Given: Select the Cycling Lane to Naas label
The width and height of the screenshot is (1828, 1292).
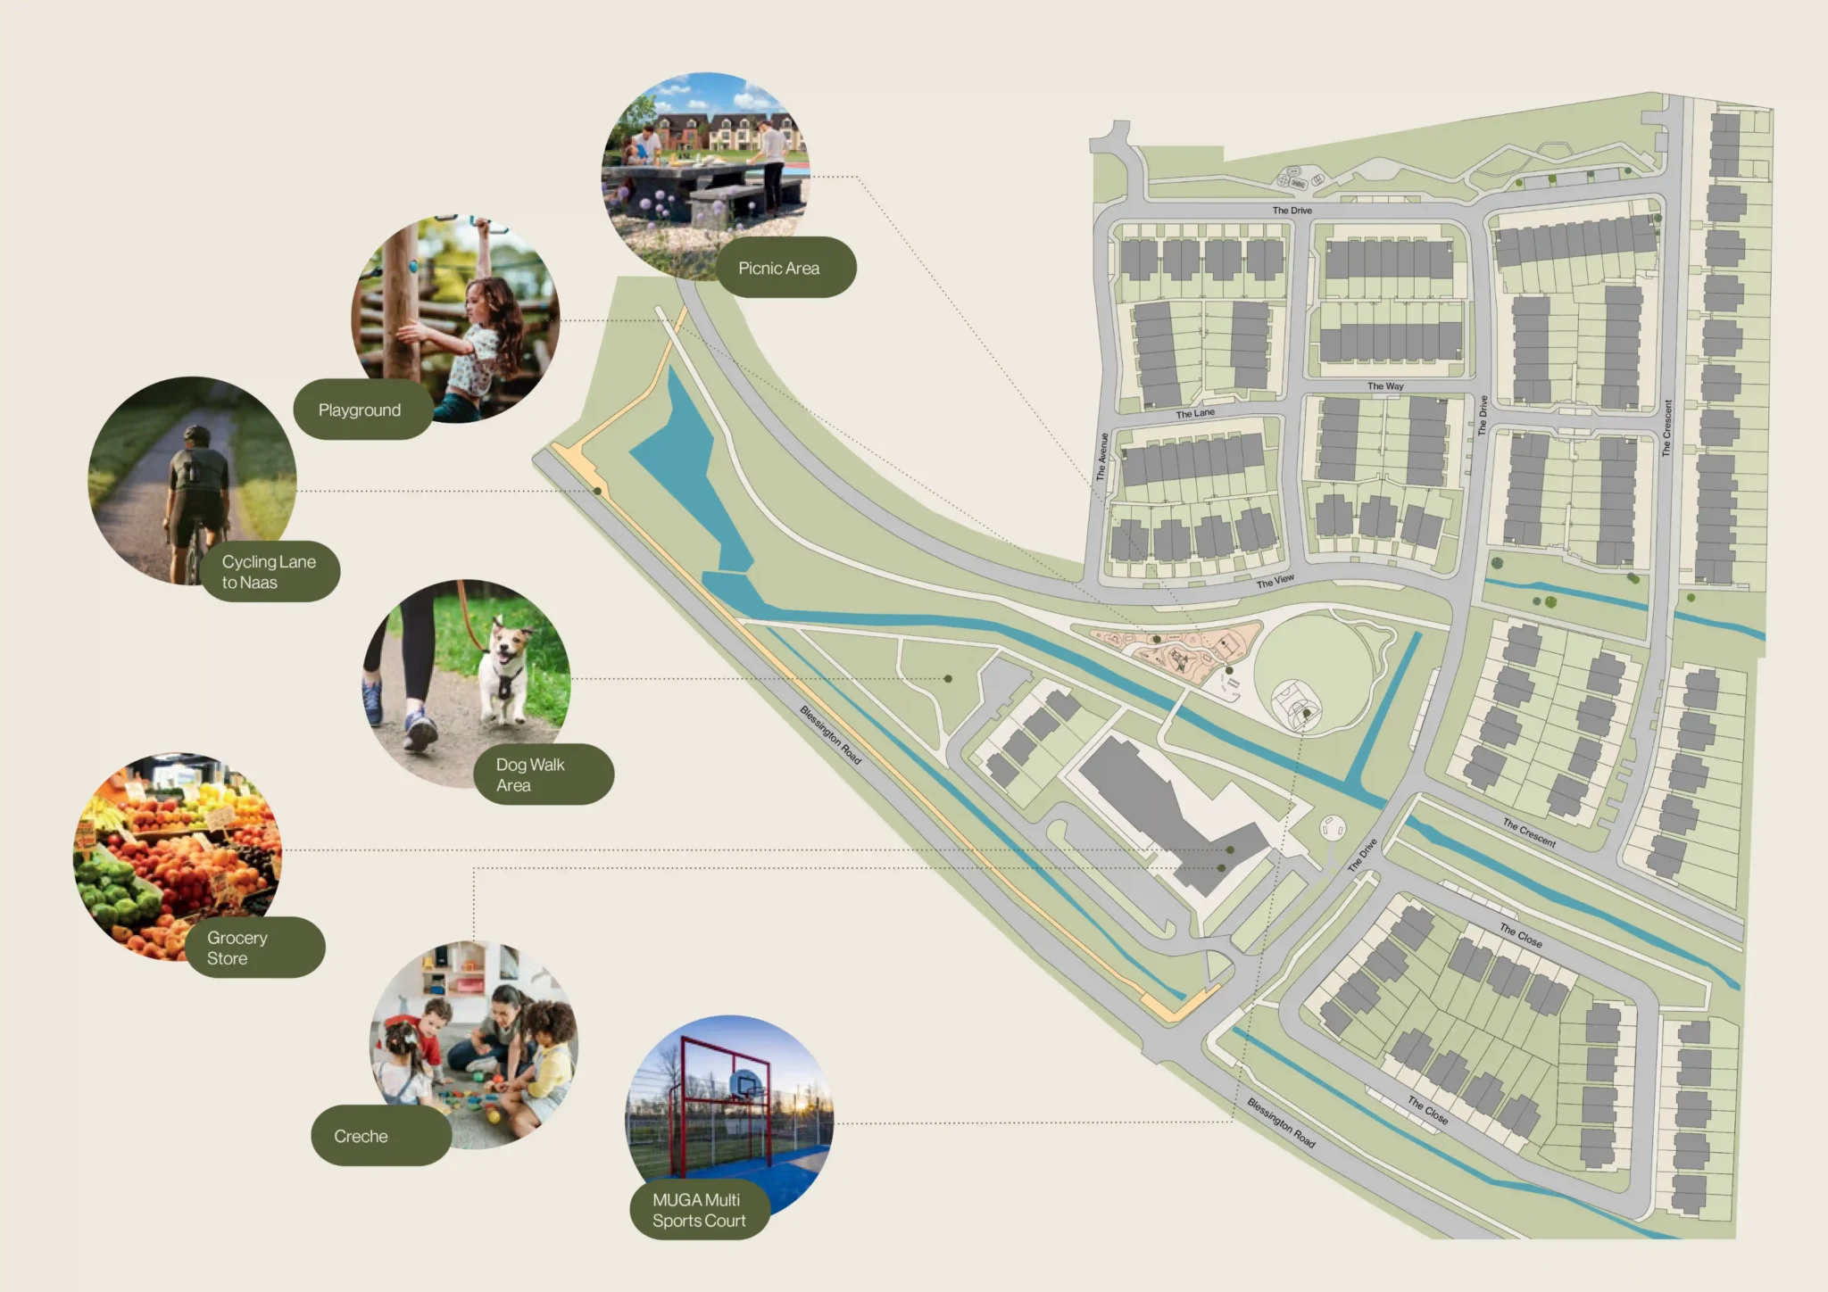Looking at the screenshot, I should coord(269,572).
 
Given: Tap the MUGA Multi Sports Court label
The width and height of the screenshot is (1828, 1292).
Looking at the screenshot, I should coord(699,1211).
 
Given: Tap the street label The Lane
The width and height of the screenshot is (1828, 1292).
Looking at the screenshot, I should coord(1195,413).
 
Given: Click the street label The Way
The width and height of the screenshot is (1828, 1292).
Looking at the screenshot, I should coord(1385,386).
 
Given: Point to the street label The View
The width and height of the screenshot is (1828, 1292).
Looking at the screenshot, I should coord(1275,582).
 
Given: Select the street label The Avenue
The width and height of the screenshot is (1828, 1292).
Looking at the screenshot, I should coord(1101,457).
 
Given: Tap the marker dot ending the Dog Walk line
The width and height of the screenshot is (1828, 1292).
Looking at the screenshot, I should coord(948,679).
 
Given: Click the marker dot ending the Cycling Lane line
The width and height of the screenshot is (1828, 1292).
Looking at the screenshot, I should coord(598,491).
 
